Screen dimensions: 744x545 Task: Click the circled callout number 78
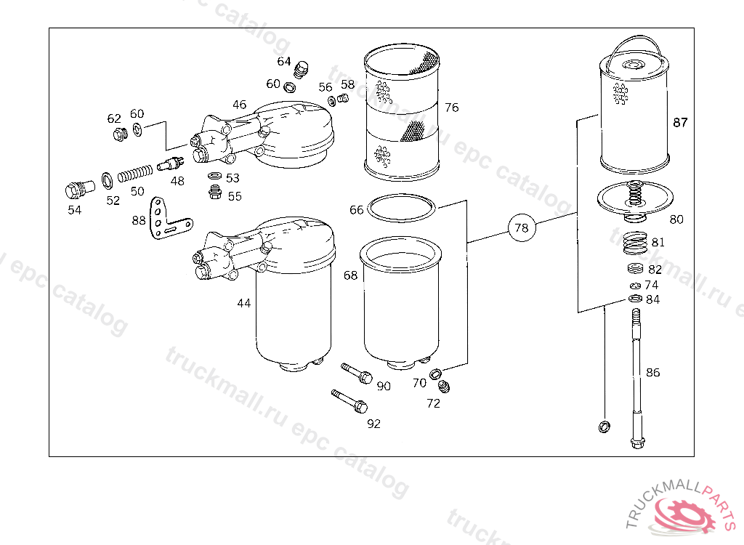pos(522,227)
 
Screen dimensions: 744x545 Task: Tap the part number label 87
pos(680,123)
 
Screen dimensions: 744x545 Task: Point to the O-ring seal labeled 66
pos(402,209)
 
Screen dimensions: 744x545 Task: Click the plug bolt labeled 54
pos(73,190)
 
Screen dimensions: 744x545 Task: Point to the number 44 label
pos(243,303)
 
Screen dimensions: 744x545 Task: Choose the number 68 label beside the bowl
pos(351,276)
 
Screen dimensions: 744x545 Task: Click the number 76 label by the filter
pos(451,108)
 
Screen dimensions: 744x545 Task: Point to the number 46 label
pos(239,105)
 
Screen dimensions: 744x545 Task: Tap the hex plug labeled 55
pos(215,192)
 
